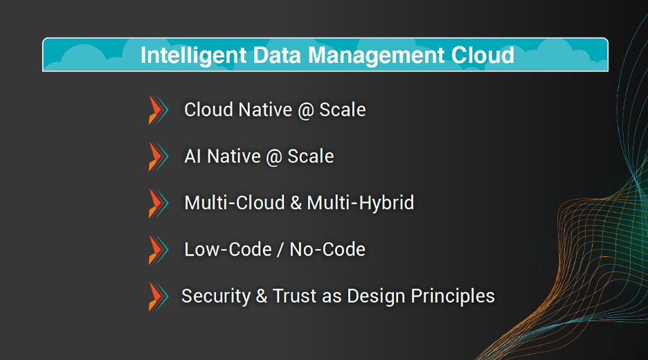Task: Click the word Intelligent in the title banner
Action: click(x=193, y=56)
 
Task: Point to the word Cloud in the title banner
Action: click(x=483, y=55)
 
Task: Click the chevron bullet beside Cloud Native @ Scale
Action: click(x=159, y=110)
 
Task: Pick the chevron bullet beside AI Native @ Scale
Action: click(x=159, y=156)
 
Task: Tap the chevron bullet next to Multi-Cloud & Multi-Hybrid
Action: click(x=159, y=203)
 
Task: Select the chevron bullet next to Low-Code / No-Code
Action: click(x=159, y=250)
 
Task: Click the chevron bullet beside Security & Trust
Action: click(x=159, y=296)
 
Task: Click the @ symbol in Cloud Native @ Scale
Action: click(x=306, y=111)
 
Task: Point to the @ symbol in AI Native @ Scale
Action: click(x=274, y=157)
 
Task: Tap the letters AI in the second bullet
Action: click(x=193, y=156)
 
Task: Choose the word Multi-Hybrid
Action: click(x=361, y=203)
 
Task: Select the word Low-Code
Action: click(x=228, y=250)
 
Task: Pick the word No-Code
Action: click(x=327, y=250)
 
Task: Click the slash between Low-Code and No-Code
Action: click(x=280, y=250)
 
